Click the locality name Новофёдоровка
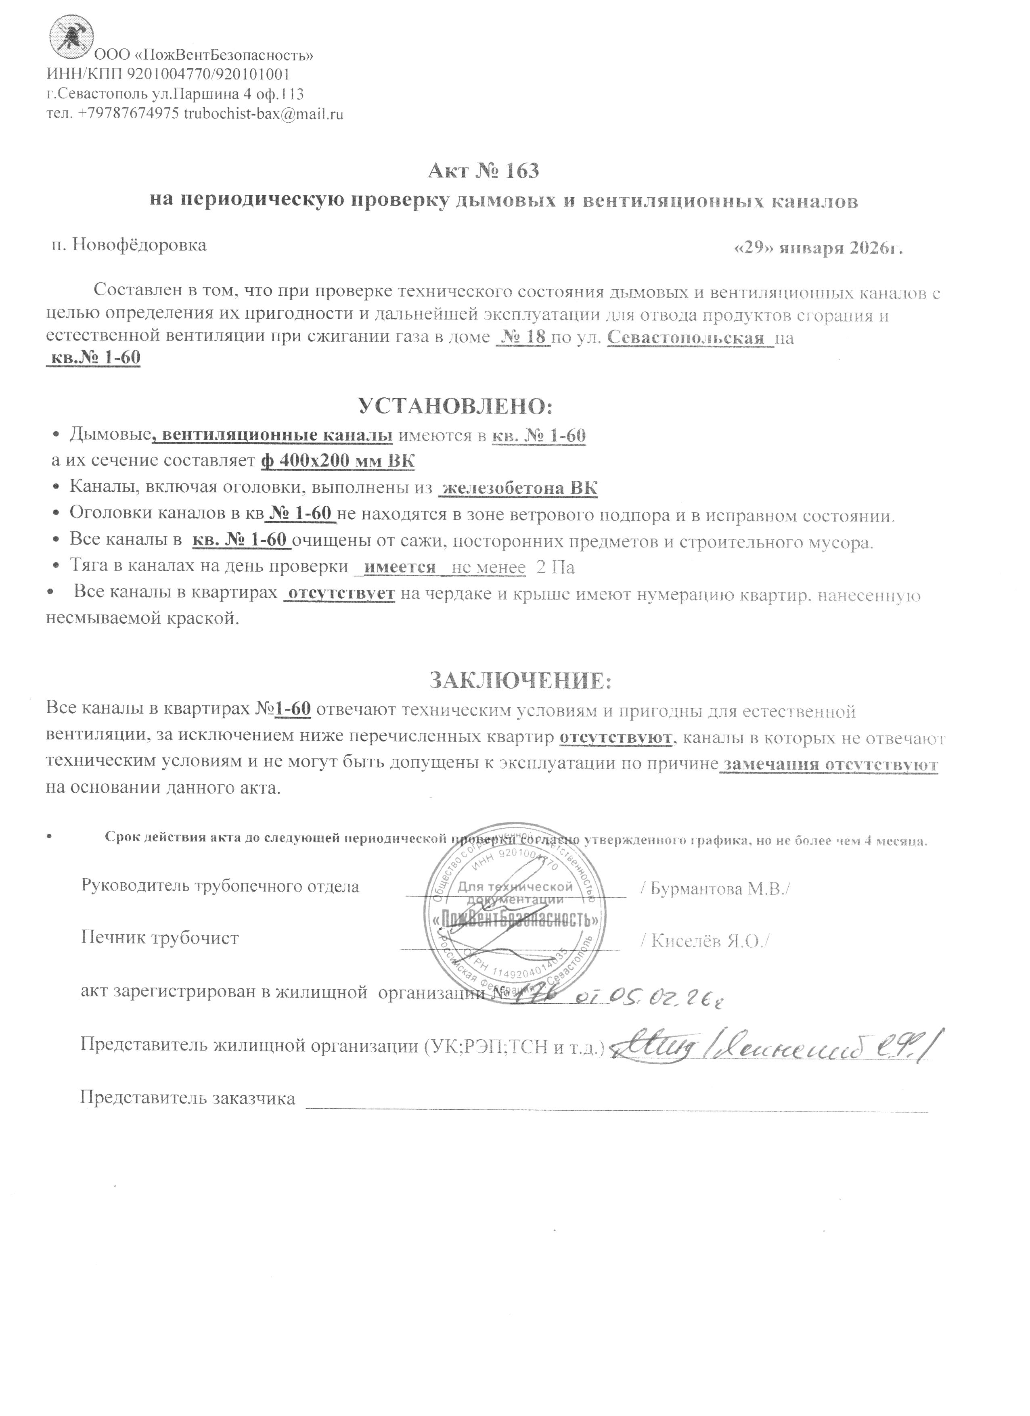pos(139,245)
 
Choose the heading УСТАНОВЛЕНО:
pos(455,407)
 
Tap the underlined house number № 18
pos(522,338)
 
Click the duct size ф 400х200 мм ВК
pos(337,461)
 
